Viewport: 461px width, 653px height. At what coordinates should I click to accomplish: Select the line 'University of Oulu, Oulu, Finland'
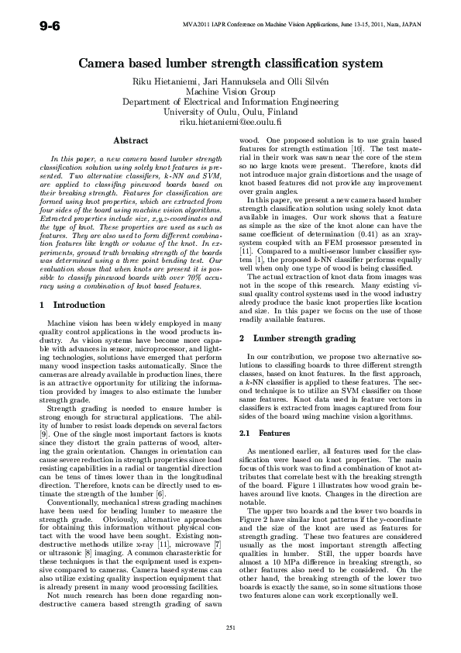click(x=230, y=111)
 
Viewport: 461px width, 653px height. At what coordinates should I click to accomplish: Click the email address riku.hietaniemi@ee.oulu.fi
click(x=230, y=122)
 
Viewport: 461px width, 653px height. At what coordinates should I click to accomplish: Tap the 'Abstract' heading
click(x=131, y=140)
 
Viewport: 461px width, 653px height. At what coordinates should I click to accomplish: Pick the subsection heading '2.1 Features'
click(x=264, y=433)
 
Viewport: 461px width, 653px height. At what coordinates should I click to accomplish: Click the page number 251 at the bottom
click(x=230, y=627)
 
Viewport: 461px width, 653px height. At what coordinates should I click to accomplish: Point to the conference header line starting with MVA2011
click(x=301, y=25)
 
